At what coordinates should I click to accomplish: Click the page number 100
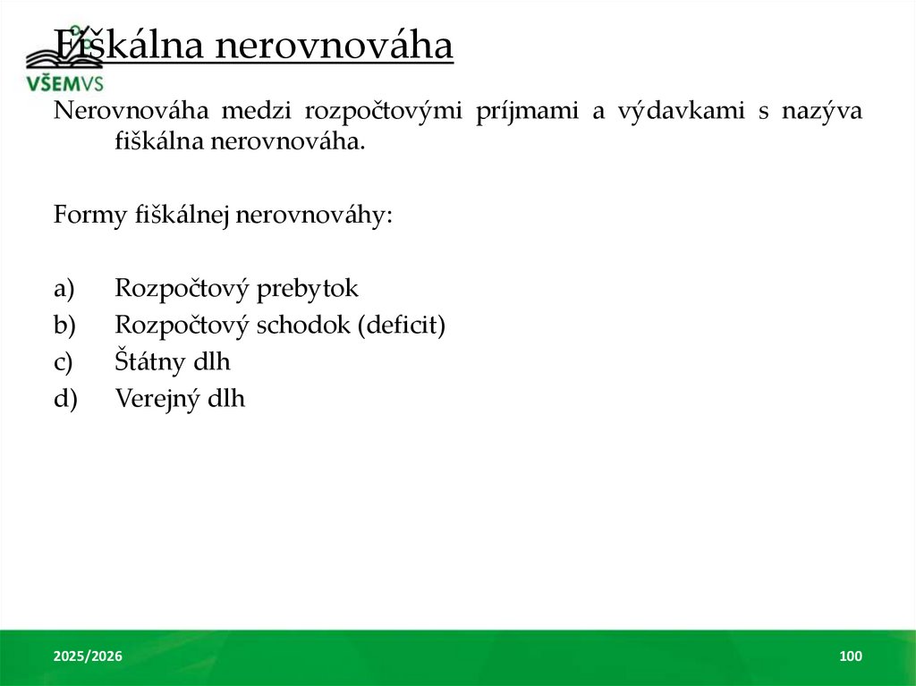pos(851,657)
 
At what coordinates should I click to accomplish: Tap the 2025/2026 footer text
pos(88,657)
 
